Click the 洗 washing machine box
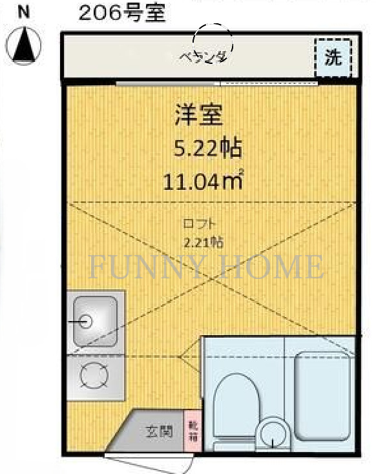(333, 57)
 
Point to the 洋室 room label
(198, 116)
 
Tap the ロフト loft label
(199, 224)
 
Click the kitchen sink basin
(94, 321)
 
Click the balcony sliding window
(217, 83)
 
